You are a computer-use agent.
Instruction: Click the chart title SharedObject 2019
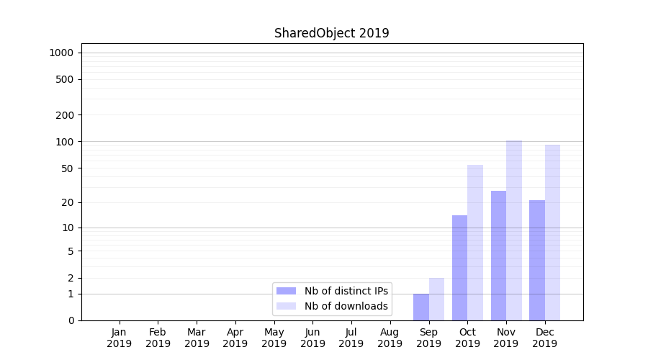(331, 33)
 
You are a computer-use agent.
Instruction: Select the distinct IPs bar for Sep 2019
(421, 307)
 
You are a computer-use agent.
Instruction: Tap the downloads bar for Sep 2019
(436, 299)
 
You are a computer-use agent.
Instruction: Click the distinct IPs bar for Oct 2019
(459, 268)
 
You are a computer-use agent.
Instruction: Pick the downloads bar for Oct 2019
(475, 243)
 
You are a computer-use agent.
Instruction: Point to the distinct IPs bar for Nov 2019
(498, 256)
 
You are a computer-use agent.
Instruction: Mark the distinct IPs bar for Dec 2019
(537, 260)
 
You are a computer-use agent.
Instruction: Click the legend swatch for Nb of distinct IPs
(286, 291)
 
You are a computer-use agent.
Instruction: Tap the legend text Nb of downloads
(346, 306)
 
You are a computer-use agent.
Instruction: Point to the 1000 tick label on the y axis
(61, 53)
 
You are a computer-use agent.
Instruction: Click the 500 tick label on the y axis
(65, 79)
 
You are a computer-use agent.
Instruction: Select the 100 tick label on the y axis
(65, 141)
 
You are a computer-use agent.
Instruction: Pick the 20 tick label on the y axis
(68, 202)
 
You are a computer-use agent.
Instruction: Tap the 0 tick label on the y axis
(71, 320)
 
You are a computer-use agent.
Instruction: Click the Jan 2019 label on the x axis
(119, 338)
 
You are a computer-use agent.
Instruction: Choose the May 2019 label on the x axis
(274, 338)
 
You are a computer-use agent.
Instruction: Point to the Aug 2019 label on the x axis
(390, 338)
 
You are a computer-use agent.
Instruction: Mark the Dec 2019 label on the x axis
(544, 338)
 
